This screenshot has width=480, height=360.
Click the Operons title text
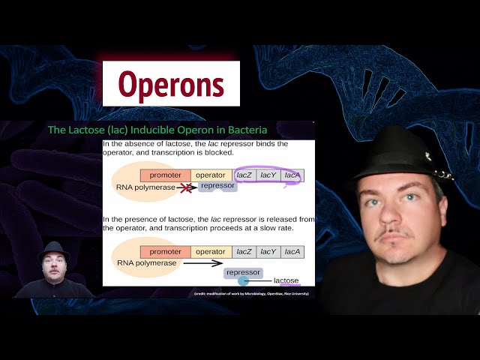point(171,84)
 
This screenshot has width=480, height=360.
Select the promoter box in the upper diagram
point(165,175)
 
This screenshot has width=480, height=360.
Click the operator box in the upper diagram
point(211,175)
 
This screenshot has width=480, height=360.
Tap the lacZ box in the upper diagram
point(244,175)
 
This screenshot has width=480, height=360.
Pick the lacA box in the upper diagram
point(292,175)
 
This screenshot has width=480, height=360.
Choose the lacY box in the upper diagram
point(268,175)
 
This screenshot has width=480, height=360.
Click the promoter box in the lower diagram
point(165,252)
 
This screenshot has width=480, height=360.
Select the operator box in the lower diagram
point(211,252)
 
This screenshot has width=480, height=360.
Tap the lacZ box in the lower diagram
point(244,252)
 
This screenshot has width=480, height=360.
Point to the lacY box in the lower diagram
point(268,252)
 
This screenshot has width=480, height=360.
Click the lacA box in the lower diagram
point(292,252)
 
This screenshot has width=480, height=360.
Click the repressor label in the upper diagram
point(217,185)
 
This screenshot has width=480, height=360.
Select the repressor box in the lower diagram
point(243,272)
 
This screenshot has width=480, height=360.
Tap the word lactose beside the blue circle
point(286,281)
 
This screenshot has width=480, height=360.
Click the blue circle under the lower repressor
point(243,281)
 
